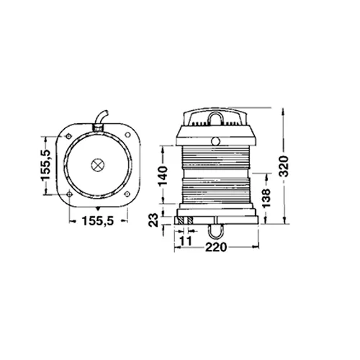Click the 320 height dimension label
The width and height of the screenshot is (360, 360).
click(x=284, y=166)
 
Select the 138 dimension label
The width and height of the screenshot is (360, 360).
click(x=266, y=198)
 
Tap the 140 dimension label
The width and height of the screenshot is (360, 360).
click(x=163, y=176)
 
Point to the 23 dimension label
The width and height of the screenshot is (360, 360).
click(x=153, y=220)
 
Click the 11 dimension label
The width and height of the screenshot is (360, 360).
click(x=186, y=240)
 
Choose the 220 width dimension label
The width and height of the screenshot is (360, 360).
click(x=216, y=248)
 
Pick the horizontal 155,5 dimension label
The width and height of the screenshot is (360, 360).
click(x=98, y=221)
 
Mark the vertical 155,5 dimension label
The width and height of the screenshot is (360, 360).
click(x=45, y=165)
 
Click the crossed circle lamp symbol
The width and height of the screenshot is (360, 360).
click(x=97, y=165)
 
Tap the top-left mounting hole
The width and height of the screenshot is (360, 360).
click(x=68, y=136)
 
